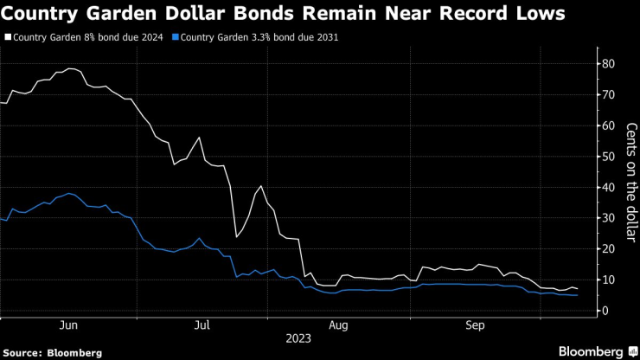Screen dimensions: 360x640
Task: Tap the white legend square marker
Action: (x=7, y=38)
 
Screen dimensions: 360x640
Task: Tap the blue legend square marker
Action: (x=176, y=38)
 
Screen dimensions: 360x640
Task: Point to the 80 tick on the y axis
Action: (x=608, y=64)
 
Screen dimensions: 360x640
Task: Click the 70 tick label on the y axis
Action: (x=608, y=94)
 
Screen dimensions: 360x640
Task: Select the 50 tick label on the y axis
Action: (x=608, y=157)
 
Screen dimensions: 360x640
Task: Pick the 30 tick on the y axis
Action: (x=608, y=218)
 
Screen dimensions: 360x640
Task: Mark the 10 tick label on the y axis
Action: (x=608, y=280)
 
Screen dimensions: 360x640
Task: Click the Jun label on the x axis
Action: (x=70, y=325)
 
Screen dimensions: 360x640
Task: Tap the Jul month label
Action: (x=202, y=325)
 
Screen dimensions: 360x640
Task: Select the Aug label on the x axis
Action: (x=338, y=325)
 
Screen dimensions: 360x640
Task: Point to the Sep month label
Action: (x=475, y=325)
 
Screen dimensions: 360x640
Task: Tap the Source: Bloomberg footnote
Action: (x=53, y=352)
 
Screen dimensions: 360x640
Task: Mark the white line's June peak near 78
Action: (x=70, y=68)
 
